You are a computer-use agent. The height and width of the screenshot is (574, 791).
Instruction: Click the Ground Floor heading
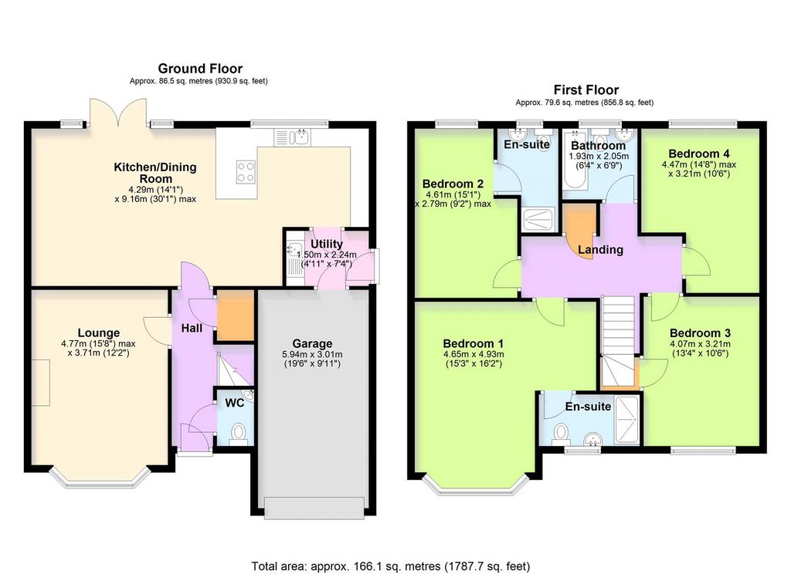click(x=200, y=69)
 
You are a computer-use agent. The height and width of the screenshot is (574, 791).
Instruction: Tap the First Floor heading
click(x=586, y=90)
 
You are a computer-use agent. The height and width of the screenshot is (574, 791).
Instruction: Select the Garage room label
click(x=312, y=343)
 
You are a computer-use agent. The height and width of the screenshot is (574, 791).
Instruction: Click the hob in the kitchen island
click(x=246, y=172)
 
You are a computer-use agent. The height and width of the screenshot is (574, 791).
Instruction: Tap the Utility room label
click(x=327, y=244)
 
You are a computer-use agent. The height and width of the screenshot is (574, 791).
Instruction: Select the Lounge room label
click(x=99, y=333)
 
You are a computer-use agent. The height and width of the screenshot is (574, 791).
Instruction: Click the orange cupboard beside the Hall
click(x=235, y=316)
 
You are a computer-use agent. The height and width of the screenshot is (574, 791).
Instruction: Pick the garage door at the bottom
click(x=314, y=508)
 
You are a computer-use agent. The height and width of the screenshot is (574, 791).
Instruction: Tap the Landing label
click(x=600, y=250)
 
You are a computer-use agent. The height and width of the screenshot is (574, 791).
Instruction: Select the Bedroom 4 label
click(x=698, y=154)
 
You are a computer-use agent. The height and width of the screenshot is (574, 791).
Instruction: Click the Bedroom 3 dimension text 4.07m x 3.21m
click(x=700, y=343)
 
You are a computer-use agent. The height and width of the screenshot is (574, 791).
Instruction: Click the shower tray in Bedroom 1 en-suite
click(x=626, y=420)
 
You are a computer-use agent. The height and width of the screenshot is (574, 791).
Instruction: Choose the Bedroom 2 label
click(x=453, y=184)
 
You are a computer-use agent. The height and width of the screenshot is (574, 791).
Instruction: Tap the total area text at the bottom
click(x=391, y=566)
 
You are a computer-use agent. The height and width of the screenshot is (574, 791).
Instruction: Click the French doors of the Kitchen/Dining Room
click(x=118, y=112)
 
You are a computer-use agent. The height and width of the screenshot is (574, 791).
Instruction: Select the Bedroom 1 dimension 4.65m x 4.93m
click(x=474, y=354)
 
